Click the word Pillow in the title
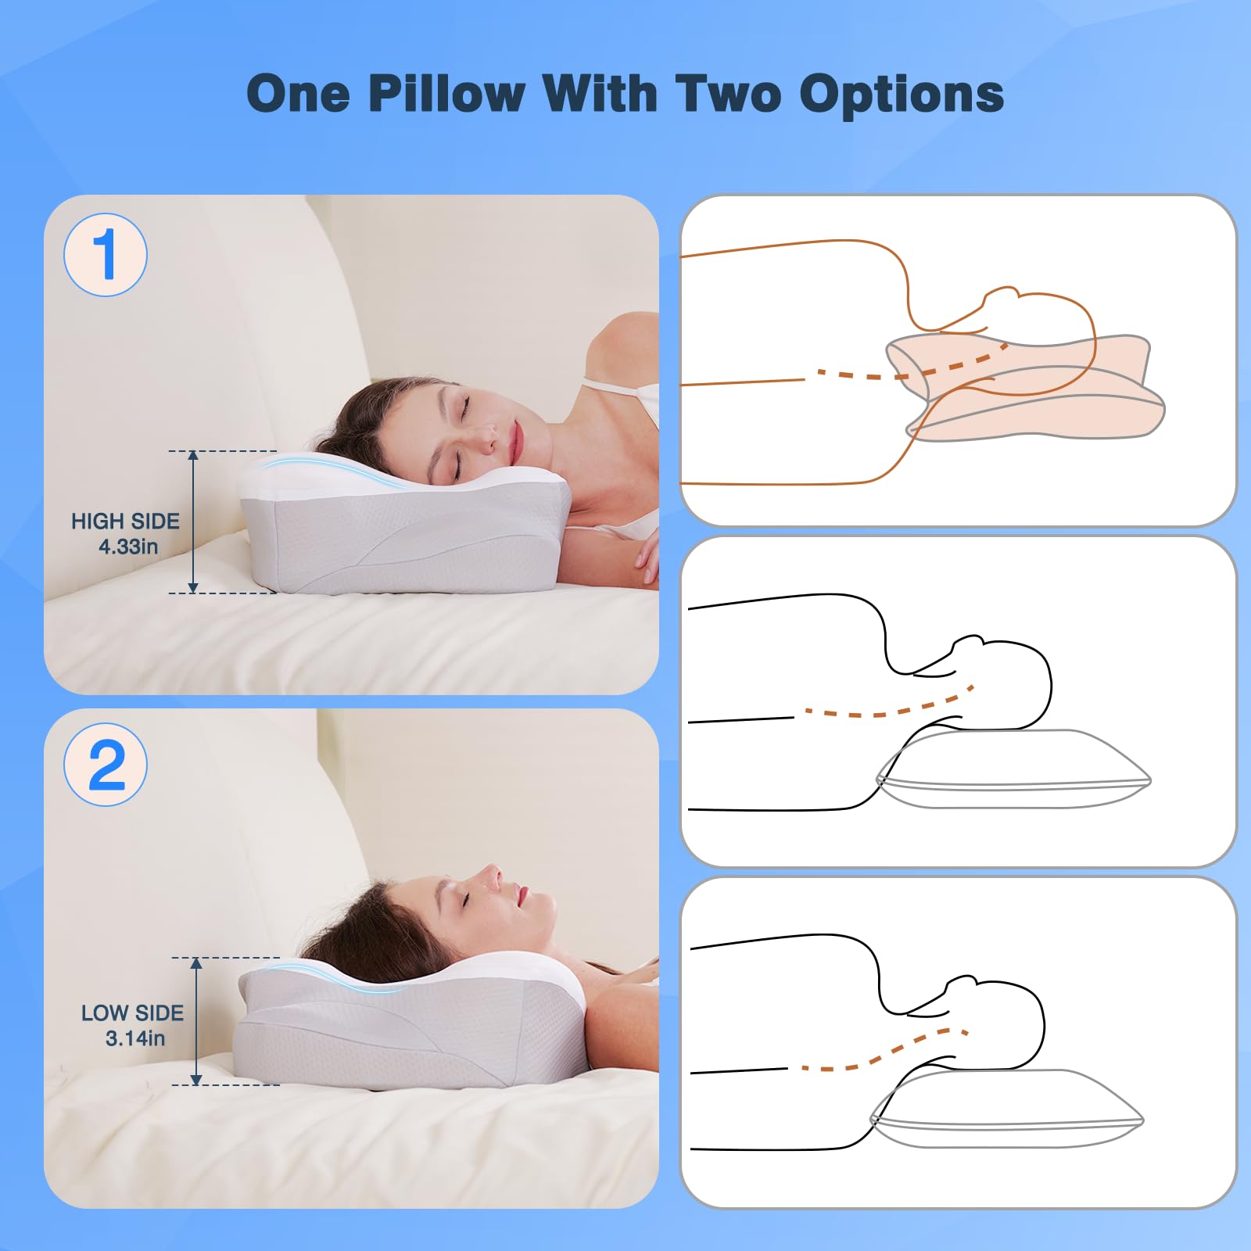click(x=446, y=94)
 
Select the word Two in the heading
click(x=728, y=94)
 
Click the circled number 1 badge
click(x=106, y=255)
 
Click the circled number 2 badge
click(x=106, y=765)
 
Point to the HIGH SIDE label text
click(x=125, y=521)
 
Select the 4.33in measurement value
click(x=128, y=547)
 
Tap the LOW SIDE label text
click(x=132, y=1013)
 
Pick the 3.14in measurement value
click(x=135, y=1038)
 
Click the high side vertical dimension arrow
click(x=193, y=522)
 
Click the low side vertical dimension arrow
click(x=196, y=1021)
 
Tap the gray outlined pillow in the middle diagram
click(x=1013, y=769)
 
